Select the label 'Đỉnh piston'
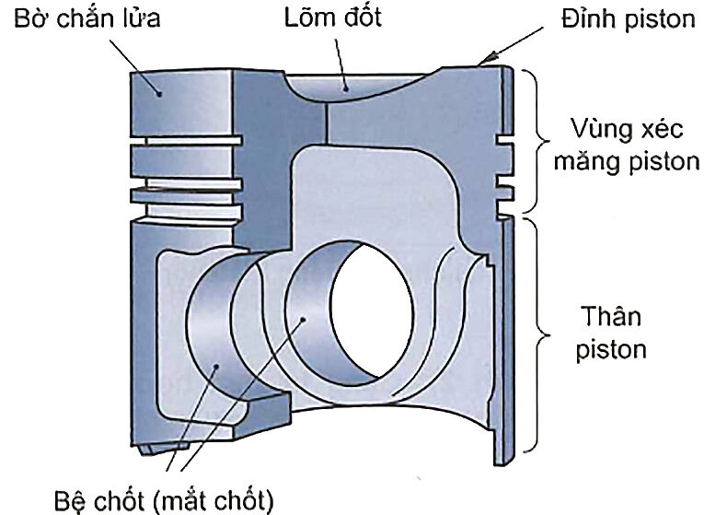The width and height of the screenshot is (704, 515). coord(628,18)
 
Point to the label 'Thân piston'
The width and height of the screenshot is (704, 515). coord(615,333)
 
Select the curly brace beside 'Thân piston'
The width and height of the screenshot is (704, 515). coord(535,335)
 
